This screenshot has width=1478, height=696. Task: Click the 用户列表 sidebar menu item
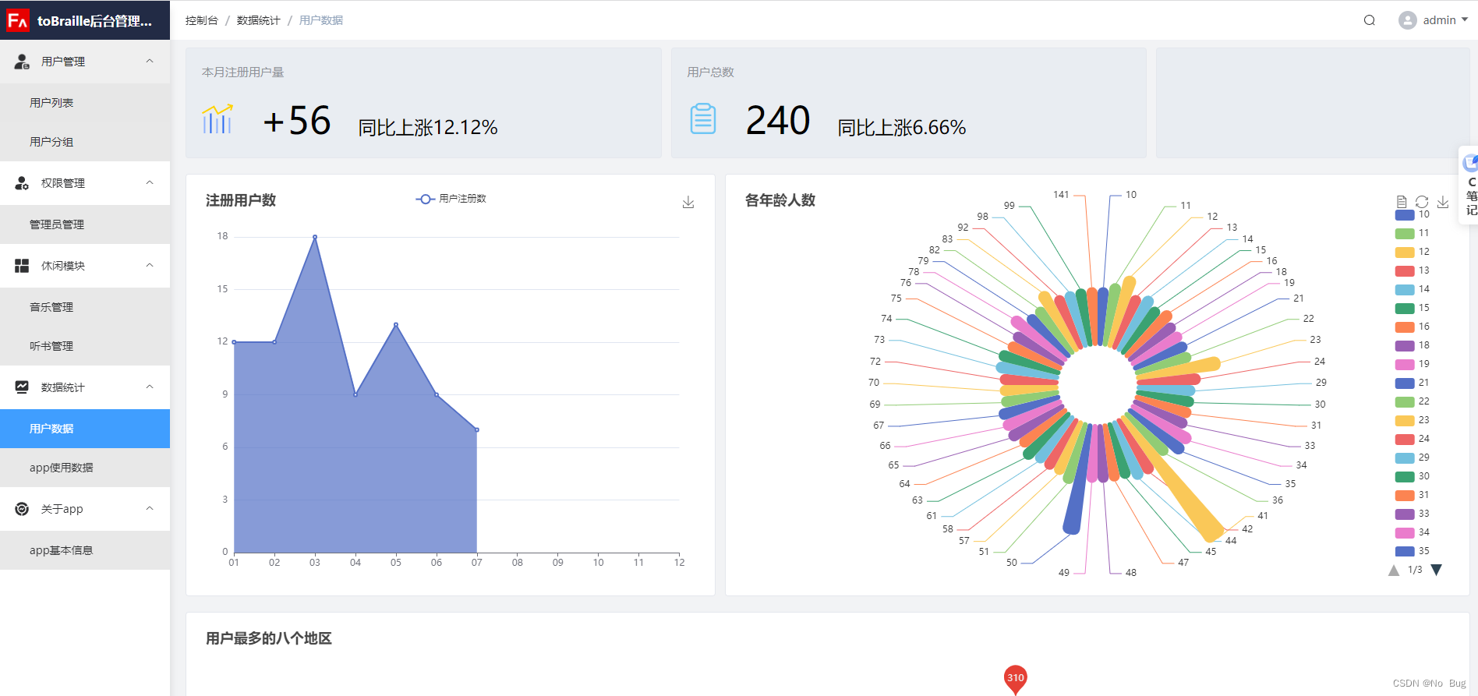[x=51, y=103]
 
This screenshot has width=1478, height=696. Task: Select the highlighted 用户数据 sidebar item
[x=51, y=429]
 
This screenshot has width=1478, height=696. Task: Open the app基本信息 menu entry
[x=61, y=550]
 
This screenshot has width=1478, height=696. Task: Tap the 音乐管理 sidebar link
[x=51, y=307]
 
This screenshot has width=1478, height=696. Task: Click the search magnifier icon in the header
[x=1369, y=20]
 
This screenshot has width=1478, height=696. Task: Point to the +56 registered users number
[x=297, y=121]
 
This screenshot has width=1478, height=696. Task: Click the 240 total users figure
[x=777, y=121]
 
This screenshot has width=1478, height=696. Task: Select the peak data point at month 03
[x=315, y=237]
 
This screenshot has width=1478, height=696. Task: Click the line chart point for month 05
[x=396, y=324]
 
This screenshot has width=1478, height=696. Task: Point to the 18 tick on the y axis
[x=223, y=236]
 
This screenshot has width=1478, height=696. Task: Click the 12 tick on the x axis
[x=679, y=563]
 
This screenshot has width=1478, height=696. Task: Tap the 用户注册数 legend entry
[x=451, y=199]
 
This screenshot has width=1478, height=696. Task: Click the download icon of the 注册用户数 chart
[x=688, y=202]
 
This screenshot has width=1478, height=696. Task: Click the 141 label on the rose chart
[x=1061, y=195]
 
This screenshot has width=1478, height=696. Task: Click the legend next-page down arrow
[x=1437, y=570]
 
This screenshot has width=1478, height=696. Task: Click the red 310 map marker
[x=1015, y=677]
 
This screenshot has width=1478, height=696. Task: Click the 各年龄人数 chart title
[x=780, y=200]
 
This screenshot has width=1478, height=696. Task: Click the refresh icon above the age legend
[x=1422, y=202]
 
